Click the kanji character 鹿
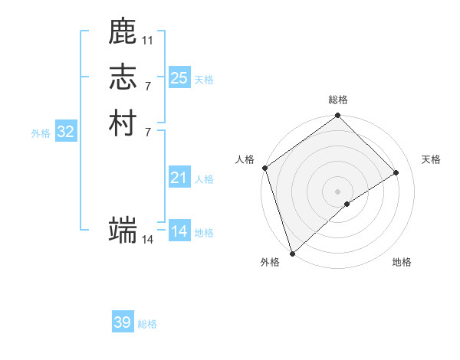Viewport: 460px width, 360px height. (123, 32)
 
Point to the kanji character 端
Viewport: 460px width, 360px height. (123, 230)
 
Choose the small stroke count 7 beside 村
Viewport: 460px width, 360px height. (147, 131)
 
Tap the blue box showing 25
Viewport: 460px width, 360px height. (179, 77)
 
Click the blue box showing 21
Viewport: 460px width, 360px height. (179, 178)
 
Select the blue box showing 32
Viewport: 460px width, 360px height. (66, 132)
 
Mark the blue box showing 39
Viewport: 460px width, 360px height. (123, 322)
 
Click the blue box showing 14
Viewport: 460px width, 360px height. (179, 231)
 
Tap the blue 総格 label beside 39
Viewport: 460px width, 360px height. (147, 324)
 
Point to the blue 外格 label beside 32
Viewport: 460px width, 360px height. (41, 133)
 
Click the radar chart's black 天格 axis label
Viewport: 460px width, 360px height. (431, 159)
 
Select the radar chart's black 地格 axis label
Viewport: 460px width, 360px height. (402, 262)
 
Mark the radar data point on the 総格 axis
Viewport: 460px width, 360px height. (337, 116)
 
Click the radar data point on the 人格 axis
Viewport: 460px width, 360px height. (264, 168)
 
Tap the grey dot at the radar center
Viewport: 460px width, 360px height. (337, 191)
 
